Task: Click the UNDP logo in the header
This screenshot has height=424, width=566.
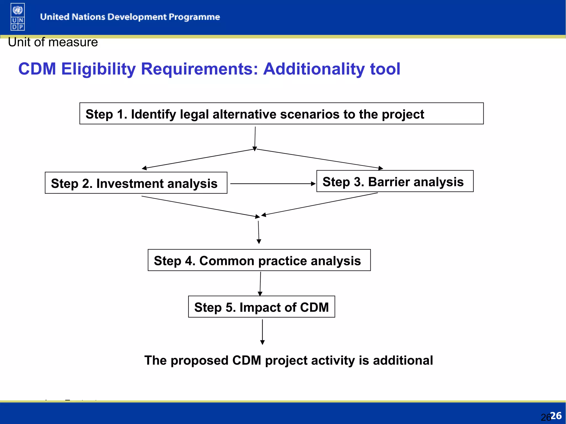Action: tap(18, 17)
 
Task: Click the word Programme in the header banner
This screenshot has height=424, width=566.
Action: tap(194, 17)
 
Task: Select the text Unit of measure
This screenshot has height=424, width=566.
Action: tap(53, 42)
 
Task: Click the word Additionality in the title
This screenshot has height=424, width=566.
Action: tap(314, 69)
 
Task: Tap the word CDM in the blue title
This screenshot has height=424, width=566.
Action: tap(37, 69)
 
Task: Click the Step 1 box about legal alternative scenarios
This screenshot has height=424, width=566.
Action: tap(281, 114)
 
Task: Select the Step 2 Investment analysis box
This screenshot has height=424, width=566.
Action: tap(136, 183)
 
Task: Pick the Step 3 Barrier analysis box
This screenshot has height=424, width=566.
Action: tap(395, 181)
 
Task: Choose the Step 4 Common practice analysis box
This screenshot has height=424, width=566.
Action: tap(259, 260)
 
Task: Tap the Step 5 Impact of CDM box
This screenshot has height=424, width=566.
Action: tap(261, 307)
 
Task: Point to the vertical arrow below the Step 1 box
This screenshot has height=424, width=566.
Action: tap(255, 138)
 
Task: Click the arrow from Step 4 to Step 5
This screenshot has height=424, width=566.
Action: tap(260, 283)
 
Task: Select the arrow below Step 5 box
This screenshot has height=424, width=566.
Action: tap(262, 332)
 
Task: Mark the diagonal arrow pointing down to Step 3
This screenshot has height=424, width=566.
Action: tap(319, 159)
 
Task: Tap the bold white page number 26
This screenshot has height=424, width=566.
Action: tap(556, 415)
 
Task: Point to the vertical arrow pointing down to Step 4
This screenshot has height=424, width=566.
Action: tap(259, 232)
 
